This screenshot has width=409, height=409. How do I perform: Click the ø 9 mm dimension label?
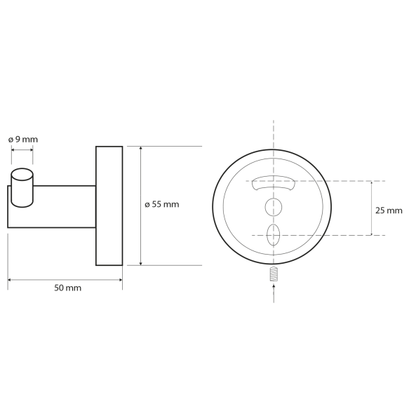23,140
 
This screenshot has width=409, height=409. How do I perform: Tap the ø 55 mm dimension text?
162,205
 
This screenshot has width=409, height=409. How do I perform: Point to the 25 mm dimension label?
389,210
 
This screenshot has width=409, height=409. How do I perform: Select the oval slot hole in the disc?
273,233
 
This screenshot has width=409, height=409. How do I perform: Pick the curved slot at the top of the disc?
272,183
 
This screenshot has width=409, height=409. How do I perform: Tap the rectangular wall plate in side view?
109,206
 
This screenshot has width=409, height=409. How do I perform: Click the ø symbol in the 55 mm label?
147,205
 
